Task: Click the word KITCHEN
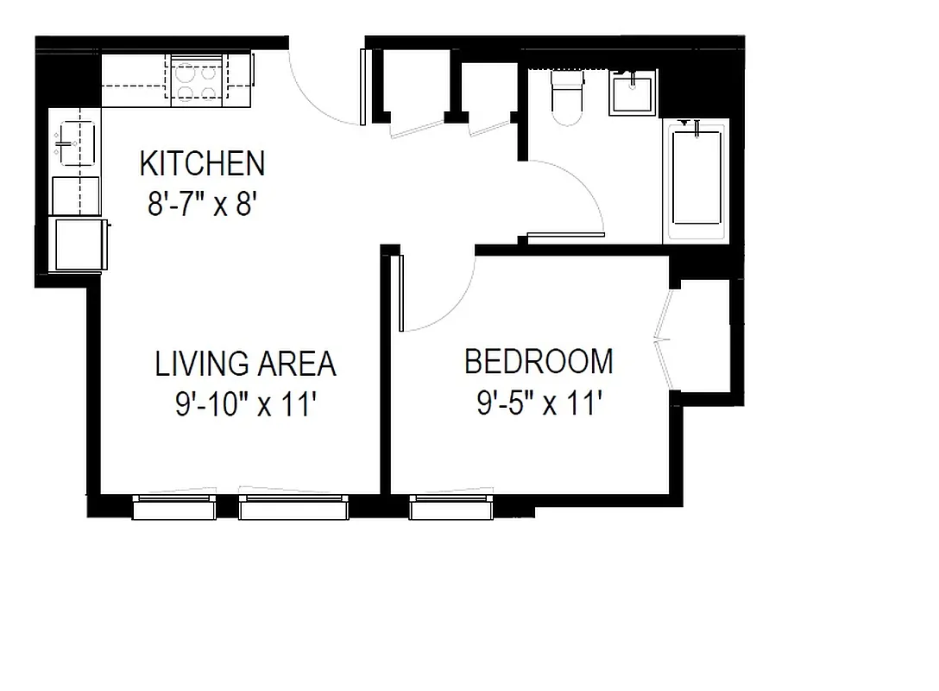point(202,162)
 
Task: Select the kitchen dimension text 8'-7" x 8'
point(202,206)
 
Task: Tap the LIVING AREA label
point(245,364)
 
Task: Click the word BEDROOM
point(539,361)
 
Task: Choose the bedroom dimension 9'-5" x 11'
point(539,403)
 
